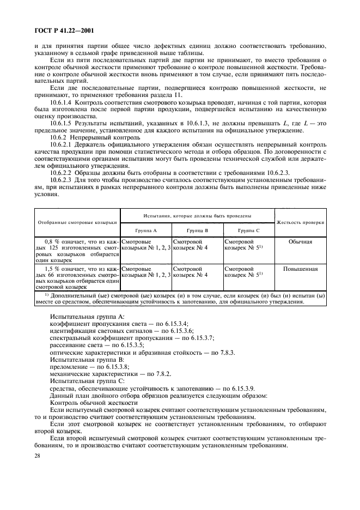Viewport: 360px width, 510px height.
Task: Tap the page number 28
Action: click(x=38, y=461)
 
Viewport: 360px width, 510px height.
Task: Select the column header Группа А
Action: click(x=146, y=230)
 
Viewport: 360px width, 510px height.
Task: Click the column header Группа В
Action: click(x=197, y=230)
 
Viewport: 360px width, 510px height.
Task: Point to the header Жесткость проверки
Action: click(x=301, y=222)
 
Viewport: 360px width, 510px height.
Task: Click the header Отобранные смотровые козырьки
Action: click(x=77, y=222)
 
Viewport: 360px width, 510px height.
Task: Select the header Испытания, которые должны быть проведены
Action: click(x=197, y=216)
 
